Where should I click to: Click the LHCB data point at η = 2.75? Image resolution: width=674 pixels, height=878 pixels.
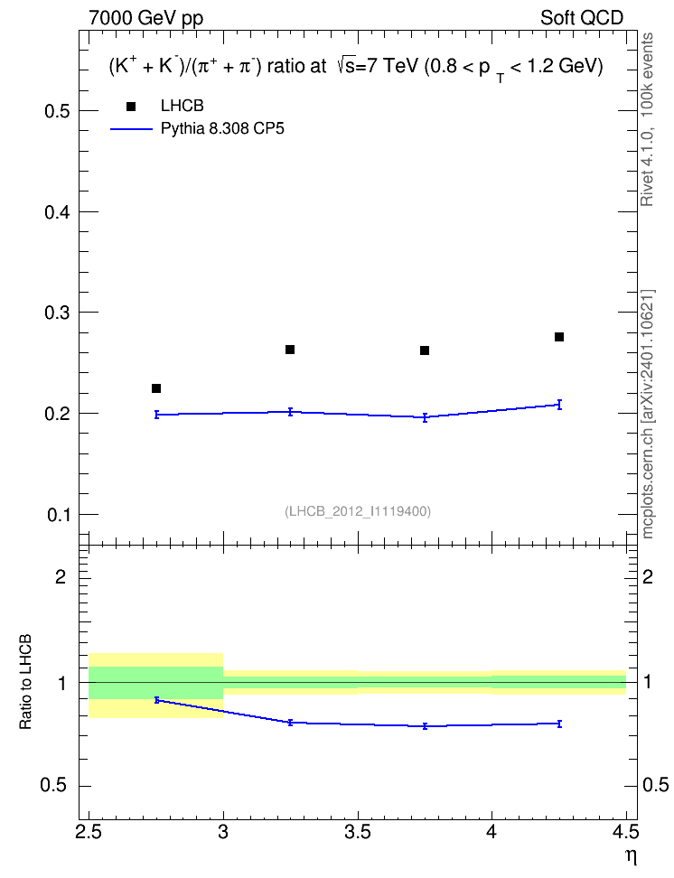coord(156,388)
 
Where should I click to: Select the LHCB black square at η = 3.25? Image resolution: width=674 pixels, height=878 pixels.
coord(290,350)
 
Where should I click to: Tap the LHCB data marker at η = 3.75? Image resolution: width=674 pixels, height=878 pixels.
coord(425,350)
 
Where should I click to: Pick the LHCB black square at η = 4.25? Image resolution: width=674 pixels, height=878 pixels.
coord(559,337)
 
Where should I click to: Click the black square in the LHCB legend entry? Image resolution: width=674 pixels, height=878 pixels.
coord(131,107)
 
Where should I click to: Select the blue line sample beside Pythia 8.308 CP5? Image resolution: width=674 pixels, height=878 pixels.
coord(132,129)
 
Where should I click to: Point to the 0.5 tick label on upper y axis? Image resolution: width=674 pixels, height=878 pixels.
coord(58,111)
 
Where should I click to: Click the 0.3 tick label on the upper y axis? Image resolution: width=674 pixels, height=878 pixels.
coord(58,313)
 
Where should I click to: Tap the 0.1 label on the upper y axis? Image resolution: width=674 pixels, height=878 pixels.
coord(58,515)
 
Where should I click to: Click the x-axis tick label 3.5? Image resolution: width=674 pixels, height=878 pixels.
coord(358,832)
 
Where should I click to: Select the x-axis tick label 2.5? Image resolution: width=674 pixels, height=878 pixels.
coord(89,832)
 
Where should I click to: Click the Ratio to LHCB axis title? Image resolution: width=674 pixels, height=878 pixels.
coord(26,682)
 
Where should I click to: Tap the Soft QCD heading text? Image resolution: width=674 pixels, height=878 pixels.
coord(582,18)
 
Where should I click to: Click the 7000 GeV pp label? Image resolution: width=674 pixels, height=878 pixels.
coord(145,18)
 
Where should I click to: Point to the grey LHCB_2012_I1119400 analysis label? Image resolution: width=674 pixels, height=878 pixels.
coord(358,511)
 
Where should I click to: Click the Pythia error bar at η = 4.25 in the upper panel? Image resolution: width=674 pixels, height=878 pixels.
coord(559,405)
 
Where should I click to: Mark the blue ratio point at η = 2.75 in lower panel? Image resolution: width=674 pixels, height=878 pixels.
coord(157,700)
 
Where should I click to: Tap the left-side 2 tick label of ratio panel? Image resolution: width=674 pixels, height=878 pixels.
coord(61,576)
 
